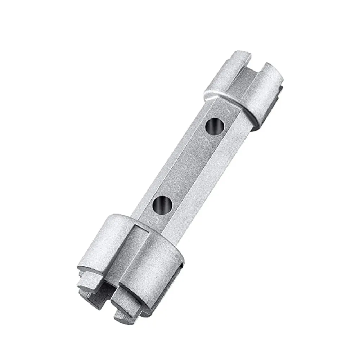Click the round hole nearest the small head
215,126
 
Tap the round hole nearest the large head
162,204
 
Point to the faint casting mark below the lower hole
155,219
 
